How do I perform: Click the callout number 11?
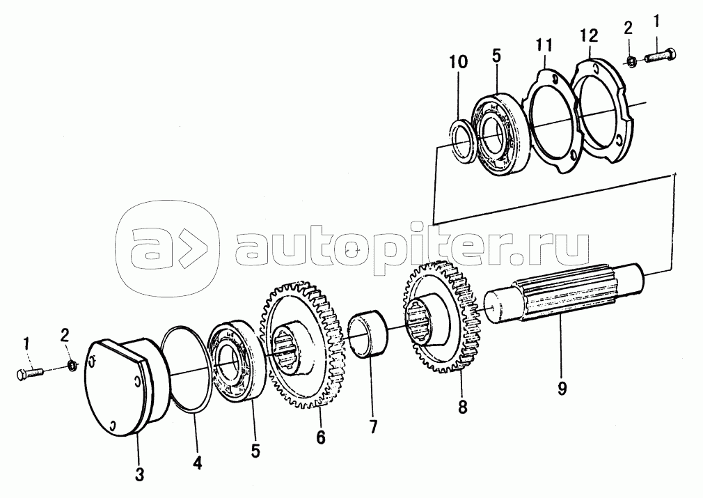(x=544, y=45)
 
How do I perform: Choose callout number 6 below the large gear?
(x=320, y=437)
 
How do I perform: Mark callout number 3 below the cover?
(x=139, y=475)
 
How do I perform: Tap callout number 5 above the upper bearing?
(x=496, y=54)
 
